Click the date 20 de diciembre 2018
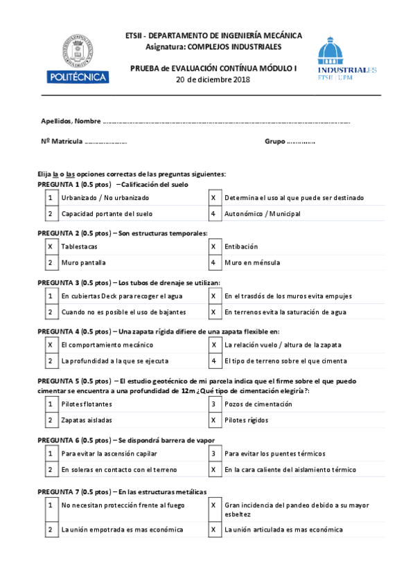click(213, 80)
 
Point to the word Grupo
click(274, 141)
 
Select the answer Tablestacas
click(79, 246)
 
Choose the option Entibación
click(241, 246)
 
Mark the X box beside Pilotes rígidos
click(214, 420)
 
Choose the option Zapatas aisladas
click(87, 420)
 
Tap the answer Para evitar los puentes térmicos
click(275, 453)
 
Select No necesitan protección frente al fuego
click(123, 505)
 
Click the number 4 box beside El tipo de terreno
click(214, 361)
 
